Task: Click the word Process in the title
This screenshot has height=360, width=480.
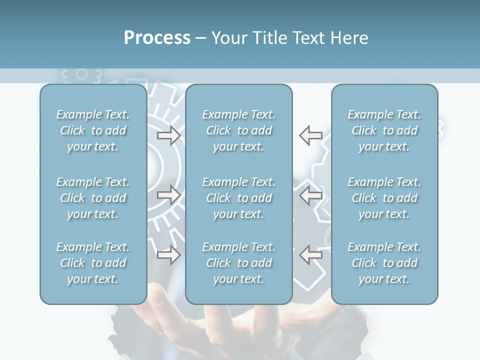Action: click(157, 38)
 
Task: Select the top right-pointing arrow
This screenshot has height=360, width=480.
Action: click(168, 135)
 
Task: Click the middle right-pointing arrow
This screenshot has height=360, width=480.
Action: click(168, 195)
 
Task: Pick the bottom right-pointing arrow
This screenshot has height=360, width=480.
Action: click(168, 254)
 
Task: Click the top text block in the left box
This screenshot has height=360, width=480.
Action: click(93, 130)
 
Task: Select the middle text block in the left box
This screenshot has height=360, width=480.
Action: click(93, 198)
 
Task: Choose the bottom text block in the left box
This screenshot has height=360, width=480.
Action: click(93, 263)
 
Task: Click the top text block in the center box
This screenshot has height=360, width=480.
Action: click(238, 130)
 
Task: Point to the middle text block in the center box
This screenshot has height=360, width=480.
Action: click(238, 198)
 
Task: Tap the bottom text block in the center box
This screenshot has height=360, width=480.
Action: click(238, 263)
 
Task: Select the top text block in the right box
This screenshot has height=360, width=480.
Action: click(384, 130)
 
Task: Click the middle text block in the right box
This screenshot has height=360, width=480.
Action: click(384, 198)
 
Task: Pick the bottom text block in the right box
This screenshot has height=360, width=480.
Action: click(384, 263)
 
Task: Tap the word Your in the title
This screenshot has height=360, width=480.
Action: click(227, 38)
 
